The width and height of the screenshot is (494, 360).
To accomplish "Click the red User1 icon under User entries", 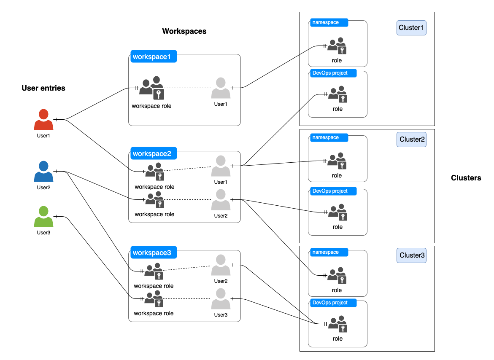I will pos(43,120).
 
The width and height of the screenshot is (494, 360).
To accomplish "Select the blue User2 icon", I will pos(43,172).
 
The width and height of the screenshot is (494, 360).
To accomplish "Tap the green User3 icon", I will pos(43,217).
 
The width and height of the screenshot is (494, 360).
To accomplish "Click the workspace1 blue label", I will pos(153,56).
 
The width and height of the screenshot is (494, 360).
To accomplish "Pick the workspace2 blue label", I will pos(153,153).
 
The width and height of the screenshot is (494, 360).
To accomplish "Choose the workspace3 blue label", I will pos(153,253).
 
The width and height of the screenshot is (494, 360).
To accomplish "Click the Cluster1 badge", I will pos(411,28).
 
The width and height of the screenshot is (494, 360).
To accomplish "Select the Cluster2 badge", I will pos(411,140).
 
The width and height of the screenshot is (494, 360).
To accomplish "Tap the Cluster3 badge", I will pos(411,255).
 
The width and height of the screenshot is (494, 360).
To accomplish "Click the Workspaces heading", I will pos(184,31).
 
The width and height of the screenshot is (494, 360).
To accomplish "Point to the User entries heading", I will pos(43,88).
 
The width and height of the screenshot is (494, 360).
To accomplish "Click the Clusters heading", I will pos(466,178).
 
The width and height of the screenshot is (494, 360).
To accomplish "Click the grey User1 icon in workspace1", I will pos(221,88).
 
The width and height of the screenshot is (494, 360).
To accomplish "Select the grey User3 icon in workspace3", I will pos(221,299).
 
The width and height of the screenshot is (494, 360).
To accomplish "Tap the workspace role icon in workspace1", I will pos(151,88).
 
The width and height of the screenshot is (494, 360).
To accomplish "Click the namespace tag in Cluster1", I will pos(329,22).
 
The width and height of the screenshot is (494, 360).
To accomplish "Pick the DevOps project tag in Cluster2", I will pos(333,191).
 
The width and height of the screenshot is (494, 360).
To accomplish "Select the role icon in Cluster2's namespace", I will pos(337,161).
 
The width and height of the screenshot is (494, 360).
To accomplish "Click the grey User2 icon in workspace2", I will pos(221,200).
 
